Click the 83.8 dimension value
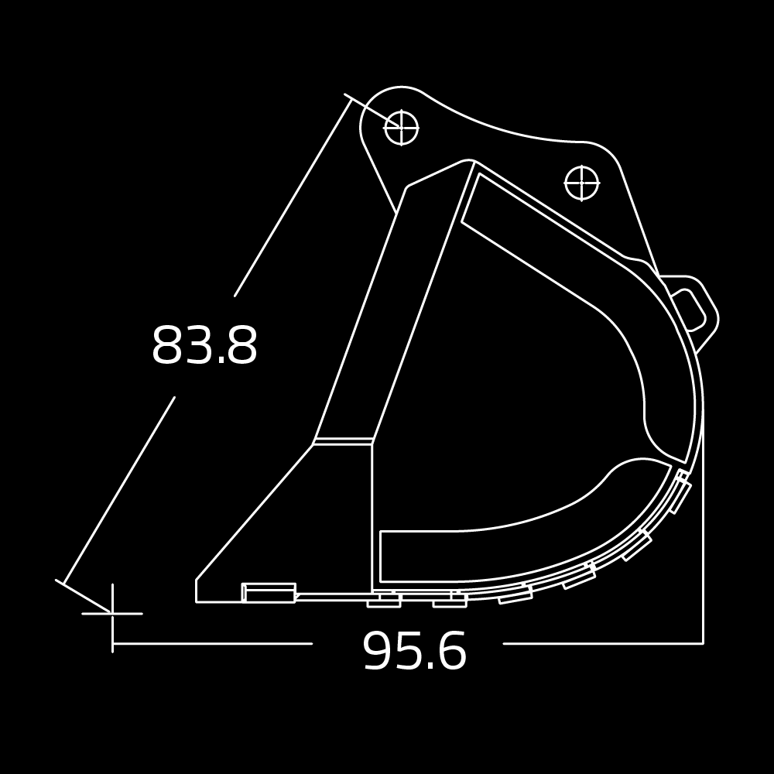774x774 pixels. point(204,346)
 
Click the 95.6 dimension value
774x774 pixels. point(414,652)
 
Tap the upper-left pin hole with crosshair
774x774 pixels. point(401,128)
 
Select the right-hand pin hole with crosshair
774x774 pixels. point(581,183)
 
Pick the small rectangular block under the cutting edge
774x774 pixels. point(269,593)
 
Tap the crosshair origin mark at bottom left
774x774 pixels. point(113,613)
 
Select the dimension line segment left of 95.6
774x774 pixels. point(213,643)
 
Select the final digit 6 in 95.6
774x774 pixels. point(451,652)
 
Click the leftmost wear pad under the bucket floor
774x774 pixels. point(384,601)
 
